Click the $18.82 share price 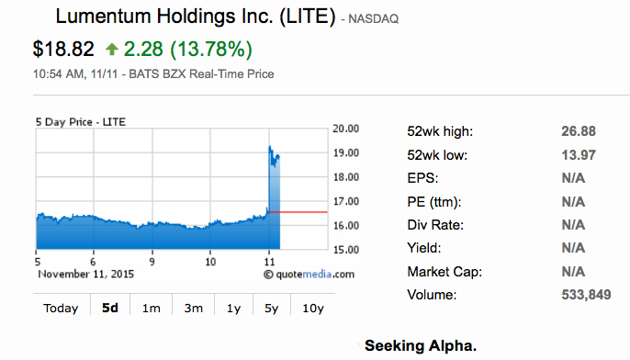63,49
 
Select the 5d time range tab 109,308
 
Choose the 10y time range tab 313,308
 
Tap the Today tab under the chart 61,308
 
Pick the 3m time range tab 193,308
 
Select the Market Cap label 445,272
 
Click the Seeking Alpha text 421,346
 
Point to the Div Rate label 435,225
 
